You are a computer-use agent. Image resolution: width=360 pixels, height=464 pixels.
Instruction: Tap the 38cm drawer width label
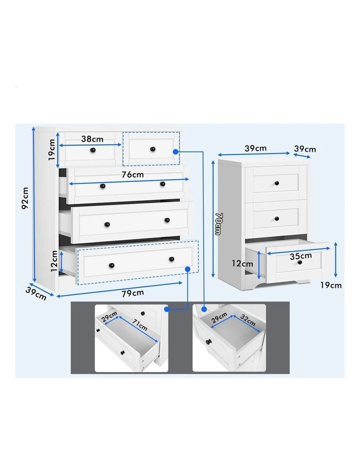(92, 139)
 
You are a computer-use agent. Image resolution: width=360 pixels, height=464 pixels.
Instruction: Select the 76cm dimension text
(131, 174)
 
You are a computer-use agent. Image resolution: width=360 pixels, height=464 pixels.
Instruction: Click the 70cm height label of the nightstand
(218, 222)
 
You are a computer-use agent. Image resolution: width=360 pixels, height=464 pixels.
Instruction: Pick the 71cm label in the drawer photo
(140, 326)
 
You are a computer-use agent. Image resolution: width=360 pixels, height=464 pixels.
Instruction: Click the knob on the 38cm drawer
(92, 150)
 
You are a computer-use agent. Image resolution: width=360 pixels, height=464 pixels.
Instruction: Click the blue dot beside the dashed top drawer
(175, 151)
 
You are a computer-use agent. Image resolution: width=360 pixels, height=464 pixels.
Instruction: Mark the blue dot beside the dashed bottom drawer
(188, 269)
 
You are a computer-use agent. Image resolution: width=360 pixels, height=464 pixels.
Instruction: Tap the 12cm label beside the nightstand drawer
(242, 263)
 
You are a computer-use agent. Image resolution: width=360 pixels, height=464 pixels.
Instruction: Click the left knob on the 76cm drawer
(103, 186)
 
